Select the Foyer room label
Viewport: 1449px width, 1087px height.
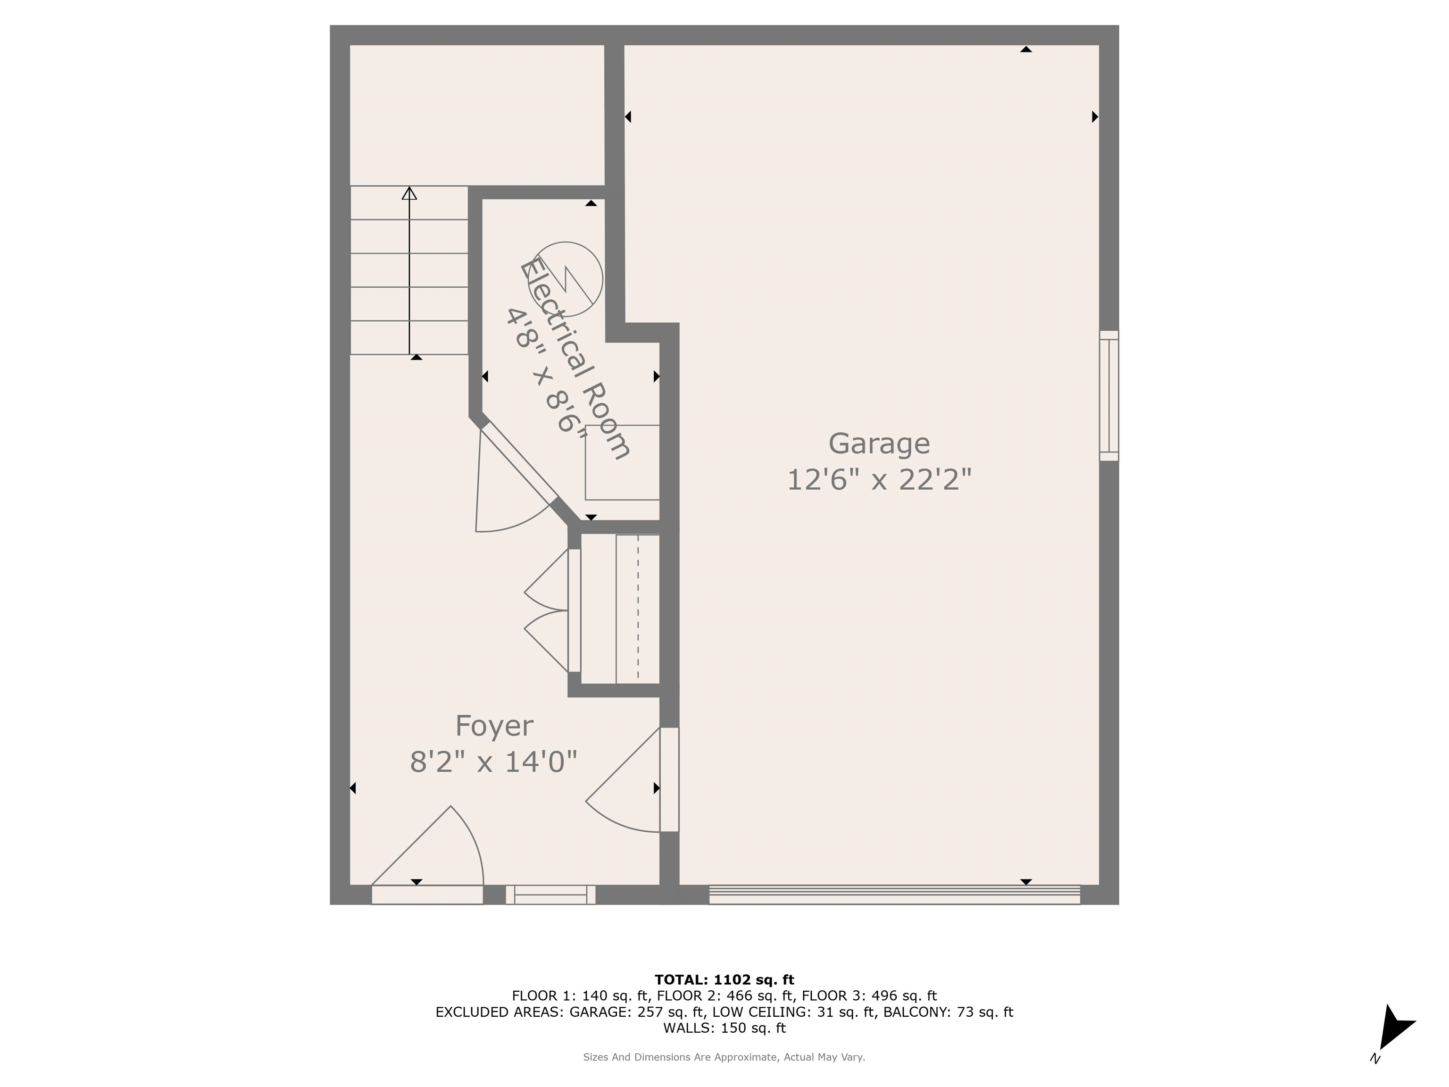[494, 726]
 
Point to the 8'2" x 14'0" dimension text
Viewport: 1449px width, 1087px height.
[494, 762]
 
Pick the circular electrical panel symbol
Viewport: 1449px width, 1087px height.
[566, 278]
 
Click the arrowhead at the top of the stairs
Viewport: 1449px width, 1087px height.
[409, 193]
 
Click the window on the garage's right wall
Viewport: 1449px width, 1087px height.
[1109, 396]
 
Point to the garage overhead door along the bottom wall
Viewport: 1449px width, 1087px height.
[895, 895]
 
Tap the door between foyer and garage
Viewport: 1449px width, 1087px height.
[632, 780]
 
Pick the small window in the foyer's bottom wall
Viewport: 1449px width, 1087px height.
[550, 895]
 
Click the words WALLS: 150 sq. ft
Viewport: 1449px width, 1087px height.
[724, 1028]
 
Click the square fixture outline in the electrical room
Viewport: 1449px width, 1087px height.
[622, 462]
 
